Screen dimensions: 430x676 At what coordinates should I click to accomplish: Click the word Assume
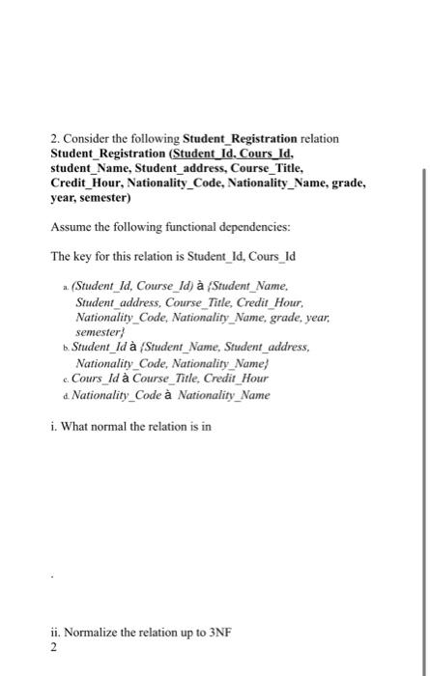[x=71, y=227]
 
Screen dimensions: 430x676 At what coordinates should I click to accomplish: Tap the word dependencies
[x=244, y=227]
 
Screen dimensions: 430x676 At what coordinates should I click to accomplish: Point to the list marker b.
[x=63, y=347]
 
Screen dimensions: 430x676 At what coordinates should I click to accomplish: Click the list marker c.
[x=63, y=379]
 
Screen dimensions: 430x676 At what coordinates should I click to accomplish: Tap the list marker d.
[x=63, y=394]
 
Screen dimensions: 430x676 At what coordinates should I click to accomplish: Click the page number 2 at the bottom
[x=54, y=648]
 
